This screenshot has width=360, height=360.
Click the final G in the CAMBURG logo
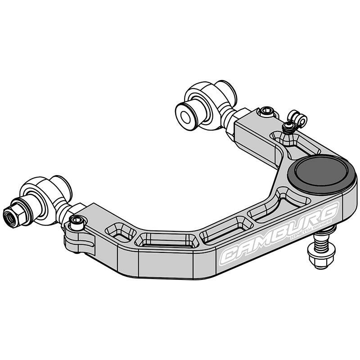click(330, 212)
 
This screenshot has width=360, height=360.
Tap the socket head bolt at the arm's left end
click(77, 221)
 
